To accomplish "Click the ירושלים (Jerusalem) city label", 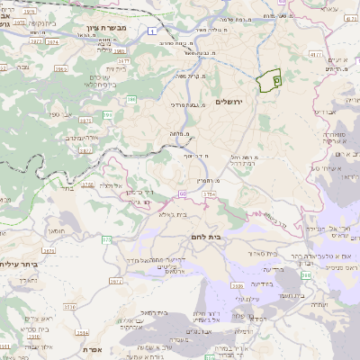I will point(230,102).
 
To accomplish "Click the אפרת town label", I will point(91,349).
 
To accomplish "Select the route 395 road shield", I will point(109,115).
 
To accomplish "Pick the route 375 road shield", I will point(107,239).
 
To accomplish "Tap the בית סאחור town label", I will point(254,255).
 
